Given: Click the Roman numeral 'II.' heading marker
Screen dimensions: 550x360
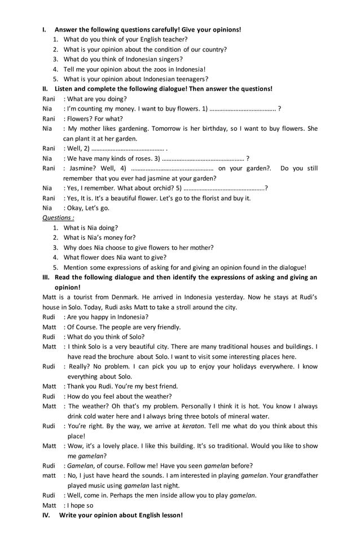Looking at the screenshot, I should tap(46, 89).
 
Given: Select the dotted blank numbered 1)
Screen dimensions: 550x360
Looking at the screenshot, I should tap(243, 109).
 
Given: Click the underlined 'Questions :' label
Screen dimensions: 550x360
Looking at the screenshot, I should tap(58, 218).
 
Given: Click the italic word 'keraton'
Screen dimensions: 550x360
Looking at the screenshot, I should tap(194, 426).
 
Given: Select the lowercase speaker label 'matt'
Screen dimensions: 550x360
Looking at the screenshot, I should tap(49, 476).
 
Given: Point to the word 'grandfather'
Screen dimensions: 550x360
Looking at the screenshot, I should tap(300, 476).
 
